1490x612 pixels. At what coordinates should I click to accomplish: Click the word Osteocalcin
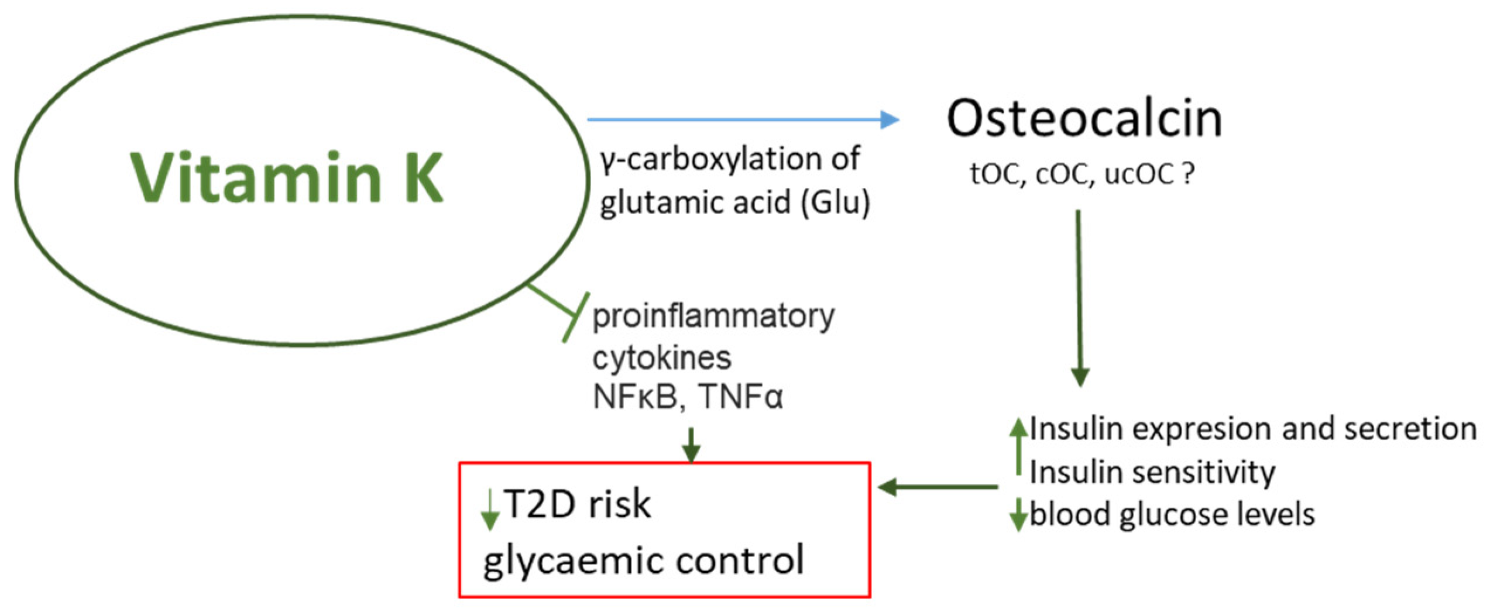pos(1084,119)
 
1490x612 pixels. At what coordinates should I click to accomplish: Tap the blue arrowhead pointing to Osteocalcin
pos(890,119)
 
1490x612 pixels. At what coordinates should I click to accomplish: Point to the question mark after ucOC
pos(1187,173)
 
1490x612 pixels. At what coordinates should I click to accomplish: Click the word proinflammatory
pos(713,317)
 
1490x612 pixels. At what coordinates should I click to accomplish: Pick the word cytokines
pos(662,358)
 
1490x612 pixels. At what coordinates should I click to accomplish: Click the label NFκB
pos(636,397)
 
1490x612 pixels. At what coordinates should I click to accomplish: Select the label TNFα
pos(741,397)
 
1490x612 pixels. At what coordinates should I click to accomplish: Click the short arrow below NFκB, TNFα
pos(691,445)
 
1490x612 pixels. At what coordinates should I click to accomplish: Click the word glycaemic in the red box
pos(570,561)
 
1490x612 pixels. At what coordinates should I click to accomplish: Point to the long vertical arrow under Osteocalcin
pos(1079,298)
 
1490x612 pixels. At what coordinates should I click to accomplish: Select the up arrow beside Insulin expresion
pos(1018,445)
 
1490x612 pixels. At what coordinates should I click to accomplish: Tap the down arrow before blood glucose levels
pos(1018,515)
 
